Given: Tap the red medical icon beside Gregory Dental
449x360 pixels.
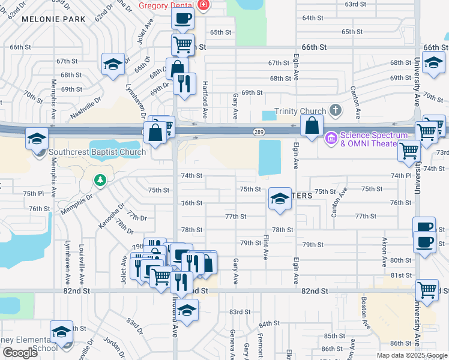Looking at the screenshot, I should click(203, 5).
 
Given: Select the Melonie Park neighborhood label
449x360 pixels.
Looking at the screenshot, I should click(53, 19).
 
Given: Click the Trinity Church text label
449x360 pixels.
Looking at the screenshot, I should click(300, 111).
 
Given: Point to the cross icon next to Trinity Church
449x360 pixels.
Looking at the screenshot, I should click(335, 110).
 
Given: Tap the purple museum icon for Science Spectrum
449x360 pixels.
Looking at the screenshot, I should click(331, 139).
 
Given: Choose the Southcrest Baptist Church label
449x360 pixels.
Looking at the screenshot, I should click(97, 152).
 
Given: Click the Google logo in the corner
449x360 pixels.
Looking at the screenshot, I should click(20, 353).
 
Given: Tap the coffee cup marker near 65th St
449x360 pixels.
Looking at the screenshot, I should click(182, 18).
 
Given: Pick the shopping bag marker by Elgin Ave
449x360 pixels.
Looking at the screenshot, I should click(312, 126).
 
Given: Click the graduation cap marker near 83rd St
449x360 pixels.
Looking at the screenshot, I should click(187, 310).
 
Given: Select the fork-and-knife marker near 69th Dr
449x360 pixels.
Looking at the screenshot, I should click(185, 83).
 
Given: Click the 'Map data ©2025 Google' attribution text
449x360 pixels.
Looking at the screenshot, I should click(412, 355).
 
